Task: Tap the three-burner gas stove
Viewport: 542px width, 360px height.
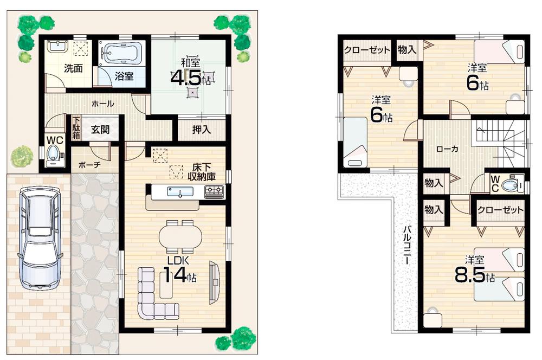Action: [x=214, y=191]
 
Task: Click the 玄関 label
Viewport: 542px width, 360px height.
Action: [x=100, y=130]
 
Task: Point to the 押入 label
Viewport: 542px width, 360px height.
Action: [x=201, y=130]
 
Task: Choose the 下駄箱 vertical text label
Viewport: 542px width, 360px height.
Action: [x=76, y=130]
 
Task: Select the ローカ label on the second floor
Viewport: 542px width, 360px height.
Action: [x=447, y=148]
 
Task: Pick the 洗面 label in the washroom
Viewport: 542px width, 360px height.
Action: [x=70, y=68]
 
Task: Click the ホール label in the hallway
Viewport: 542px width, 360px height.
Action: [x=102, y=103]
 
